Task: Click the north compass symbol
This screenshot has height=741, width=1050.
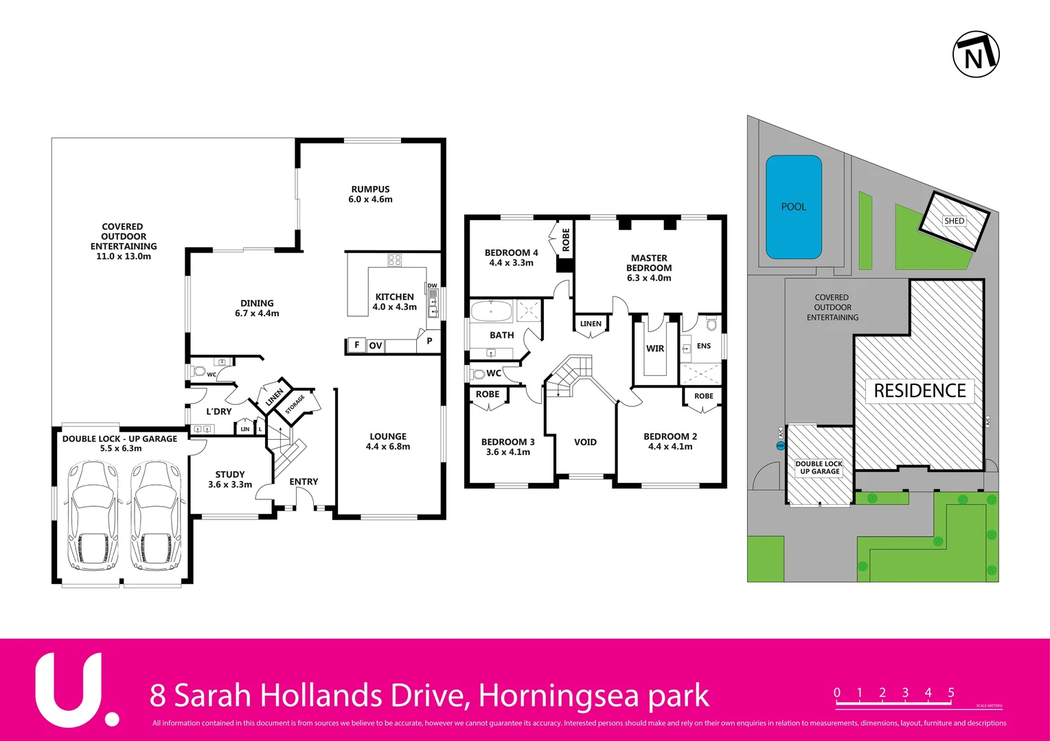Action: click(976, 54)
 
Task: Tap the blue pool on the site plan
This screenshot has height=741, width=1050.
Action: click(794, 207)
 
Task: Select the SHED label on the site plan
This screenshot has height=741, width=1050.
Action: click(954, 221)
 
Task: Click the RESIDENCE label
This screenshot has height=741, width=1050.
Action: click(920, 390)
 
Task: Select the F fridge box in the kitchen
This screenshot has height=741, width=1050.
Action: click(356, 344)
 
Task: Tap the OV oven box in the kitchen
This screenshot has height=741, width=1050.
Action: click(375, 345)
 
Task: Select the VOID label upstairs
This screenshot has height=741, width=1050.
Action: click(585, 443)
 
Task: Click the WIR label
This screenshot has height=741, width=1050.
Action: click(655, 349)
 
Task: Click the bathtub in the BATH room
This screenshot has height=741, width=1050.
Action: click(492, 311)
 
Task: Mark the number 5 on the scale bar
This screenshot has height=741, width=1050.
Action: click(951, 692)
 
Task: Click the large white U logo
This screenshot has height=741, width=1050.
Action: click(69, 690)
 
